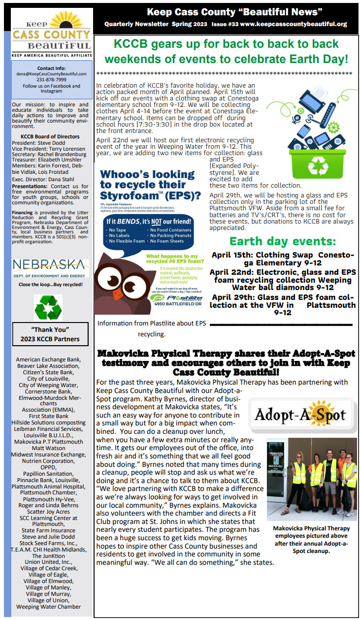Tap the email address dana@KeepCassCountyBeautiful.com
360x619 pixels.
pyautogui.click(x=52, y=74)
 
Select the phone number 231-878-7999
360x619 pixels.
pyautogui.click(x=52, y=80)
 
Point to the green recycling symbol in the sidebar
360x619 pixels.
pyautogui.click(x=48, y=307)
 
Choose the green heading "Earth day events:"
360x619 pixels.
pyautogui.click(x=283, y=241)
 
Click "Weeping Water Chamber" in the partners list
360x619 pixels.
pyautogui.click(x=48, y=606)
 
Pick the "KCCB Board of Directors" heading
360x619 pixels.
pyautogui.click(x=50, y=136)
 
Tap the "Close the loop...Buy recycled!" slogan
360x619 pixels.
pyautogui.click(x=50, y=285)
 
